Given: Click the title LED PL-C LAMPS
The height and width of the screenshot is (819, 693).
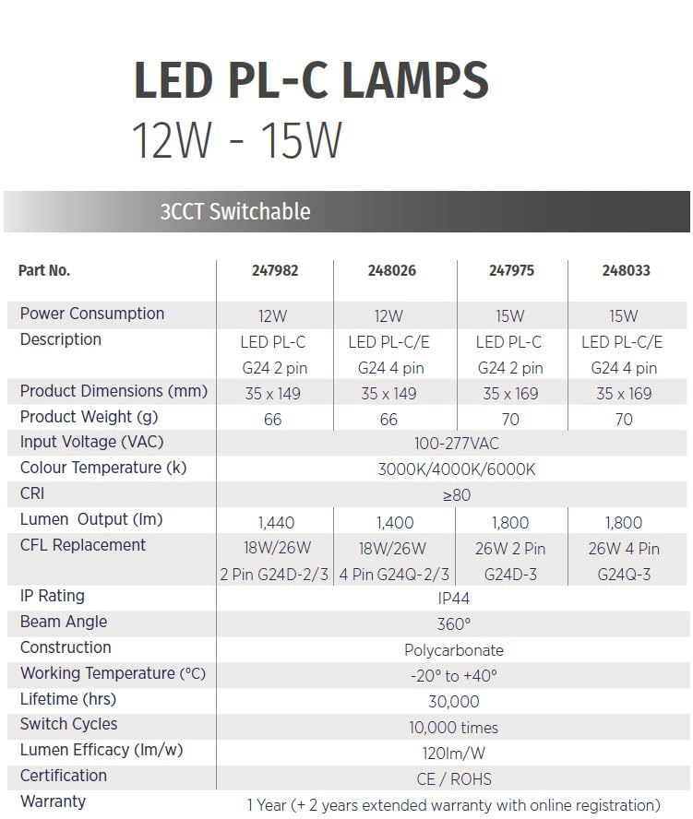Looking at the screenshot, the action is point(312,80).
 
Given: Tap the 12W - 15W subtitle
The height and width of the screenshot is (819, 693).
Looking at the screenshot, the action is point(237,140).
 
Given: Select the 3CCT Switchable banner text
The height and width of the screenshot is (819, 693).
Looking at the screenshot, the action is point(235,211).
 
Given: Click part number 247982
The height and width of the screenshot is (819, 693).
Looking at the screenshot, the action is point(275,270).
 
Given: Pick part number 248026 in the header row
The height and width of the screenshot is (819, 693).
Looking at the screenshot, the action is point(392,270).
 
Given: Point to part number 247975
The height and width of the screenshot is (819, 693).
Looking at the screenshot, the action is point(511,270).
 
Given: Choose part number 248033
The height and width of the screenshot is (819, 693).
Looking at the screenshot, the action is point(627,270).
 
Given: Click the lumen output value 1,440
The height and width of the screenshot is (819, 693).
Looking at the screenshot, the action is point(276,523).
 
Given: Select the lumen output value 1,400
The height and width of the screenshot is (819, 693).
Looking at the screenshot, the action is point(395,523).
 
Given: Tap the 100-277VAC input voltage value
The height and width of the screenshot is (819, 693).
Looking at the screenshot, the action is point(456,444).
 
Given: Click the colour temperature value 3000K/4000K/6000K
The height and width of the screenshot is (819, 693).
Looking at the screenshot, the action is point(456,469).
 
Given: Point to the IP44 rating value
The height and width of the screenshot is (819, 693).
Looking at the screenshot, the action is point(454,599).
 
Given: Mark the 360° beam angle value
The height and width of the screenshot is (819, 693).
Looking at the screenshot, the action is point(454,624).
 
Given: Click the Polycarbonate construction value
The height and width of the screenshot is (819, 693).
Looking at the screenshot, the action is point(454,650).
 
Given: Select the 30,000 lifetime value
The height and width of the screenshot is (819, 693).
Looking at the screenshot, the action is point(454,702).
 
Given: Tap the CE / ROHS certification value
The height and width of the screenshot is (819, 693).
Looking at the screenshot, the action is point(454,779).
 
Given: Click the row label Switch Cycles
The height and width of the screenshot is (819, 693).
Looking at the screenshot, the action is point(68,724).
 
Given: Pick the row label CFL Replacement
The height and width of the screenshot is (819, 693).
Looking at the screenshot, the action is point(82,545).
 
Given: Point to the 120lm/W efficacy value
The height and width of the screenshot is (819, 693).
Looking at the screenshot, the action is point(454,754).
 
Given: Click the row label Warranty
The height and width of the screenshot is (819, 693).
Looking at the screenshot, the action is point(53,801).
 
